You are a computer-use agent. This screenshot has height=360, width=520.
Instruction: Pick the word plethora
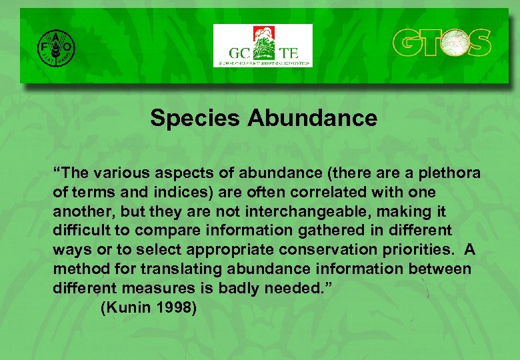click(449, 173)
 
